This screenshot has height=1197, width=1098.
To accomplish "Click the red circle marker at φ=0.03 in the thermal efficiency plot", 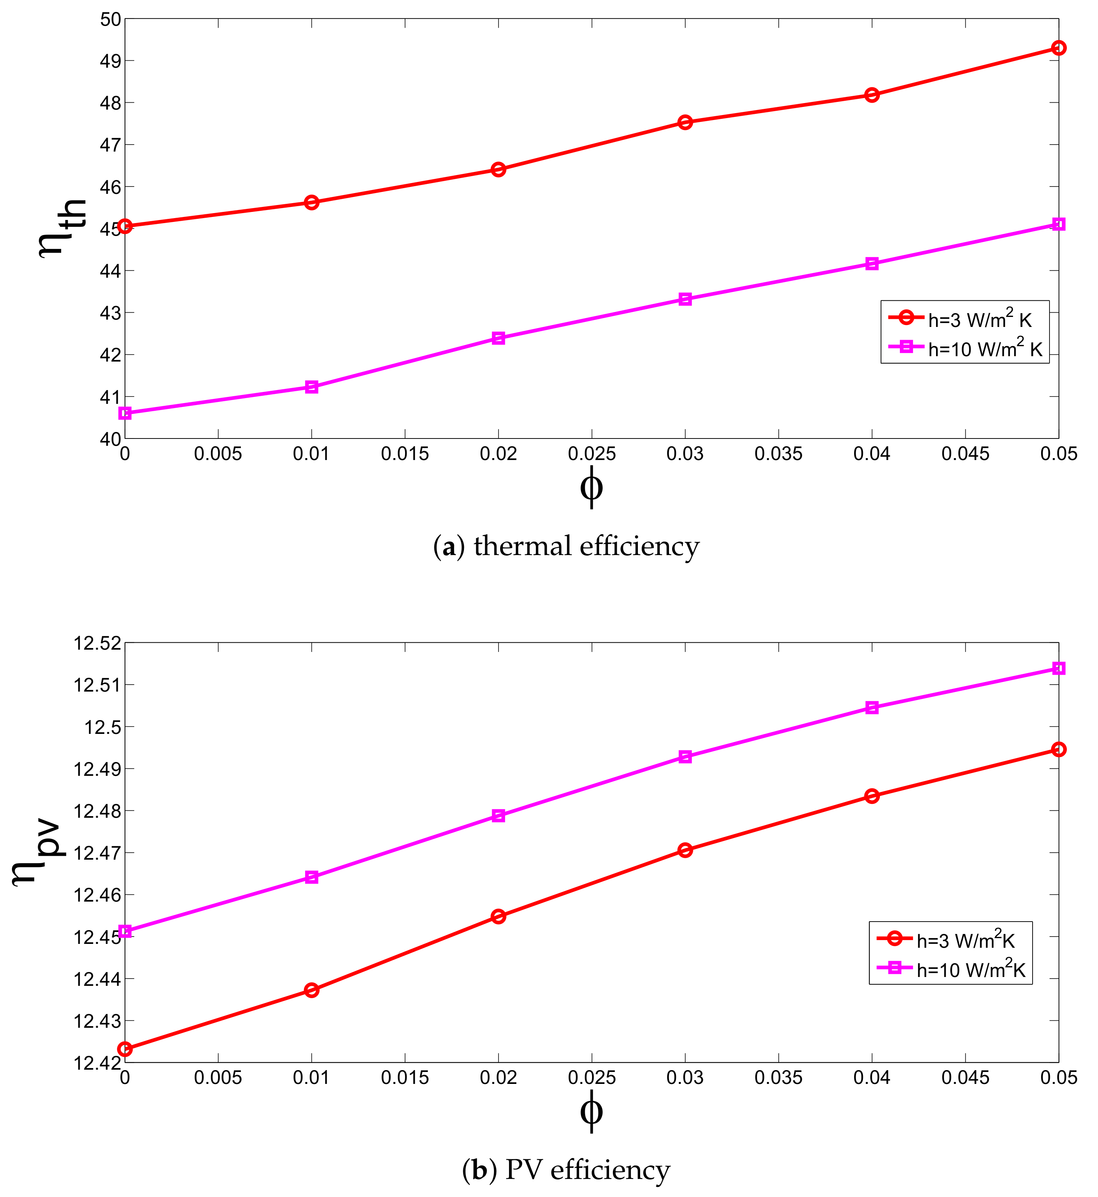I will tap(685, 122).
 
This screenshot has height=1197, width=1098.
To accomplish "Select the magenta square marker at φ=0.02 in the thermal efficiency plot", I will tap(499, 338).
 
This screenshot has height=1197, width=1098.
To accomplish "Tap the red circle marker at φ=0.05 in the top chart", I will tap(1058, 48).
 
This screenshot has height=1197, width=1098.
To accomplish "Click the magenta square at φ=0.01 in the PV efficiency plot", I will tap(311, 877).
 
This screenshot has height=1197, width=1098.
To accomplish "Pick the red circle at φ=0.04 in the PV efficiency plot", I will tap(872, 796).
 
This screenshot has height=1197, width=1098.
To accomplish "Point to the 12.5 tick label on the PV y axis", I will tap(102, 727).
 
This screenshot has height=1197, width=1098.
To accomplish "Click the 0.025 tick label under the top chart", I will tap(591, 454).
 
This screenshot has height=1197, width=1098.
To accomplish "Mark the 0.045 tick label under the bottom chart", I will tap(965, 1078).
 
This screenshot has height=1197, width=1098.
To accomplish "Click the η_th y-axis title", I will tap(62, 229).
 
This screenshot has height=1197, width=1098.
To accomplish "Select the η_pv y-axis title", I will tap(37, 852).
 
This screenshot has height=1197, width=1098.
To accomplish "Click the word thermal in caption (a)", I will tap(523, 546).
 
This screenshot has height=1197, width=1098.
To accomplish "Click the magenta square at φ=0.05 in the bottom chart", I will tap(1058, 668).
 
